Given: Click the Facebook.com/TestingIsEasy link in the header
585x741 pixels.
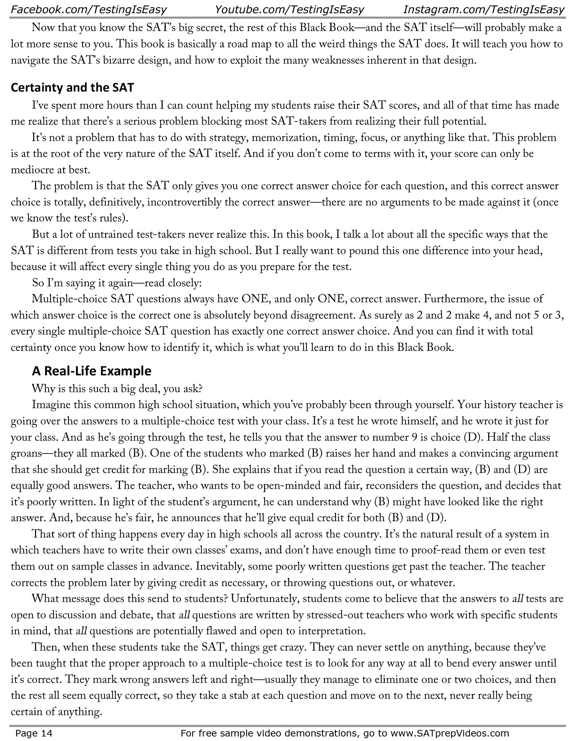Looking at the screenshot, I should [89, 9].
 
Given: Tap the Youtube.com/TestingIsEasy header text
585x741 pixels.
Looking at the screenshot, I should [289, 9].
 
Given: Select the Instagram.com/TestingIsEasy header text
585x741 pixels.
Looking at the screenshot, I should [484, 9].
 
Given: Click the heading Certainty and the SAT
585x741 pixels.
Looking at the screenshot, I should [72, 87].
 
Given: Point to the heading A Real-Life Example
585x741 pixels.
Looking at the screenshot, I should [92, 371].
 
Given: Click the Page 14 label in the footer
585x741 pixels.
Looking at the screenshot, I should [34, 733].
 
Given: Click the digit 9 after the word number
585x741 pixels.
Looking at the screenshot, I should [414, 437].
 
